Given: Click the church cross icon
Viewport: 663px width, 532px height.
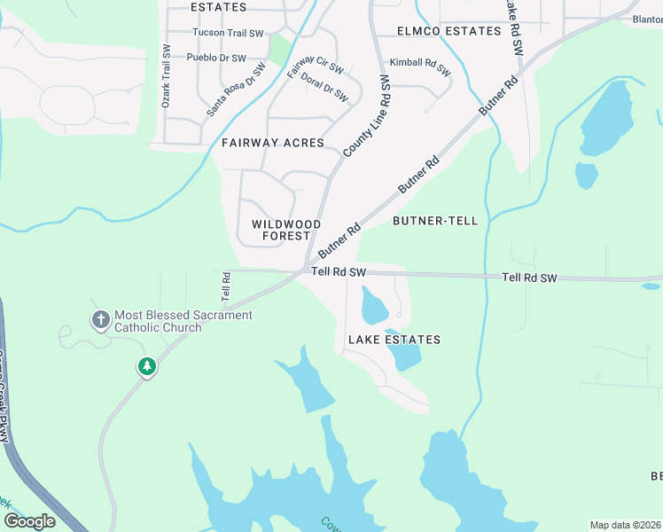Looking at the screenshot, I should tap(100, 318).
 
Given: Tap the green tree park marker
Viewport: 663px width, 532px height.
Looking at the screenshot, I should tap(146, 365).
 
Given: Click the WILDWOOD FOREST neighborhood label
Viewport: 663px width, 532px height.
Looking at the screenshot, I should tap(281, 231).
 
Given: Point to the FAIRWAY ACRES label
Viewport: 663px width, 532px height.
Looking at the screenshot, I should tap(273, 143).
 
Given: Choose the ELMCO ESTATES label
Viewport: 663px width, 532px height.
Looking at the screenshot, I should tap(449, 31).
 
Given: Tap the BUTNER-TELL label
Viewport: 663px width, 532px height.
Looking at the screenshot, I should tap(435, 221).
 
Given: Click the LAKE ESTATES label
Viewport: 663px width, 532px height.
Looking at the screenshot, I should tap(394, 340).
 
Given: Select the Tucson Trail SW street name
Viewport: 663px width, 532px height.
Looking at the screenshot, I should tap(229, 34).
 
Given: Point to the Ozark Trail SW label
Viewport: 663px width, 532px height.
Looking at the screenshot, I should tap(165, 77).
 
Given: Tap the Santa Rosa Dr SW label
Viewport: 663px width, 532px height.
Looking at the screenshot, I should tap(236, 90).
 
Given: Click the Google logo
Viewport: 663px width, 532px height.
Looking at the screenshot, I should tap(29, 521).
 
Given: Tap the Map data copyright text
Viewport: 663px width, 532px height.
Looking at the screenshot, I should tap(625, 525).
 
